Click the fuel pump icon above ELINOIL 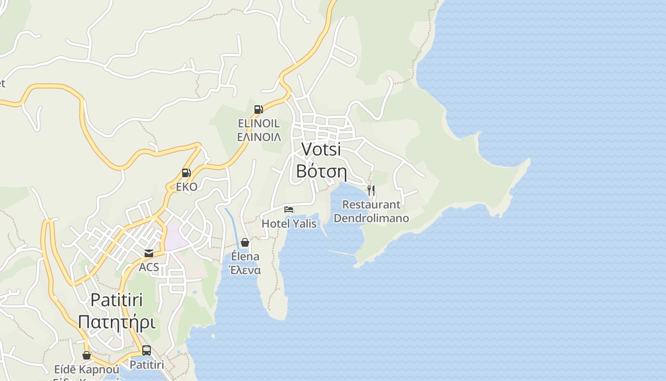coord(258,110)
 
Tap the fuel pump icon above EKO coord(186,173)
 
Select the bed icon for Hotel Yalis coord(288,209)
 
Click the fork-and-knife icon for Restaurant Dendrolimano coord(371,190)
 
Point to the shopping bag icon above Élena coord(245,242)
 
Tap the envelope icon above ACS coord(149,253)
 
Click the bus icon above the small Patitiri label coord(147,351)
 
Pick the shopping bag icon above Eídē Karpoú coord(87,355)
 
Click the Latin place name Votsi coord(322,149)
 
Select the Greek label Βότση coord(321,170)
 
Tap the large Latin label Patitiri coord(117,300)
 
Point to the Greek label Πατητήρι coord(117,322)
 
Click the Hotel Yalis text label coord(289,223)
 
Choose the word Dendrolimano coord(372,218)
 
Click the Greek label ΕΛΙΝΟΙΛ coord(259,137)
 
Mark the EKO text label coord(186,187)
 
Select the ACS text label coord(149,267)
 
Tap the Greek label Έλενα coord(245,270)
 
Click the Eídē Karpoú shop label coord(86,370)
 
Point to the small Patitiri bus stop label coord(147,365)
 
